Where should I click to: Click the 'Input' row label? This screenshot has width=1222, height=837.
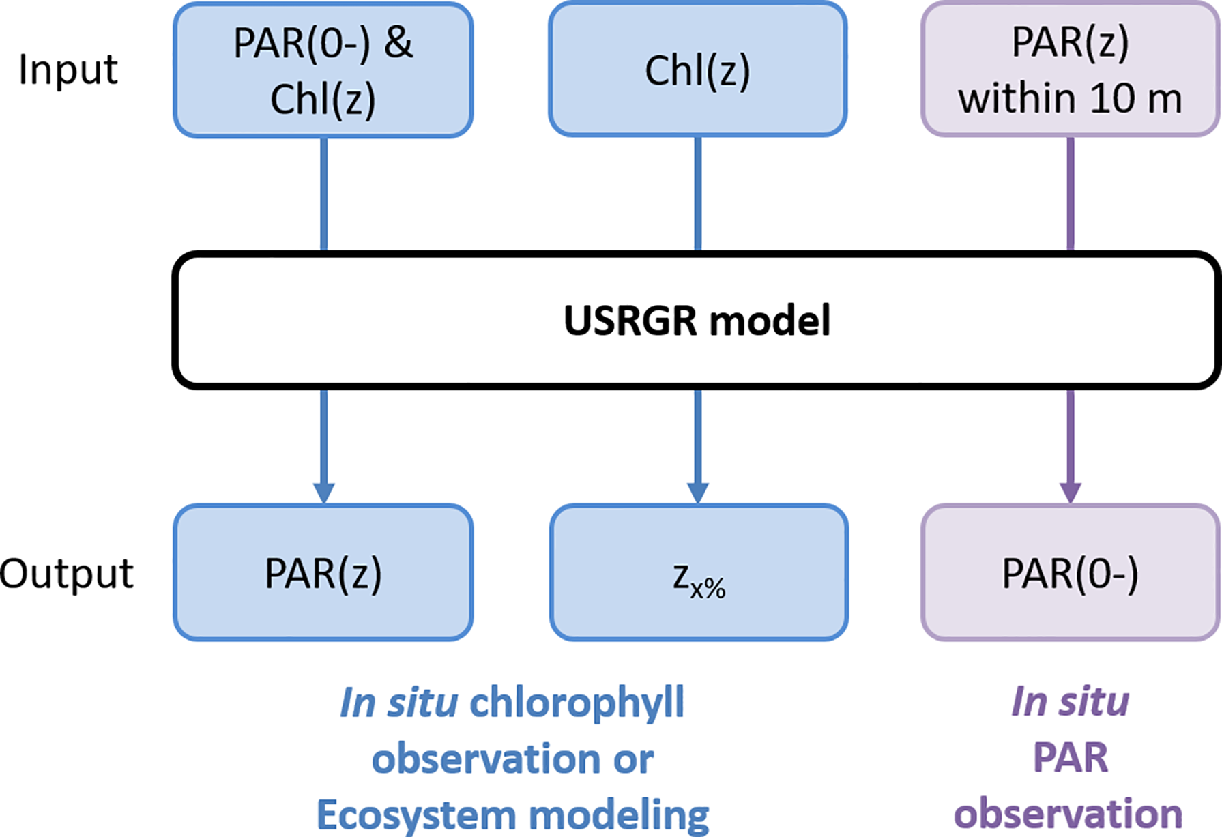tap(68, 70)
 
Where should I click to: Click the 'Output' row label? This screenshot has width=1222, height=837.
tap(67, 573)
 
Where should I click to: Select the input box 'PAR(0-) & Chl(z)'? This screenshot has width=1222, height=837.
tap(323, 70)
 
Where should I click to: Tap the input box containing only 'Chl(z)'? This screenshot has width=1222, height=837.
tap(697, 70)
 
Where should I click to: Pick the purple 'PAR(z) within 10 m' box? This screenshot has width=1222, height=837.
tap(1070, 70)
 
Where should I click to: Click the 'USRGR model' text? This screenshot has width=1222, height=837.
tap(697, 321)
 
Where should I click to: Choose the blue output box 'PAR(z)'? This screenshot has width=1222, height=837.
tap(323, 573)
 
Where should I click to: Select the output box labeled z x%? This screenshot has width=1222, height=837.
tap(699, 573)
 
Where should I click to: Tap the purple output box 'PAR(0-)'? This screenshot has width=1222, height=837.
tap(1070, 573)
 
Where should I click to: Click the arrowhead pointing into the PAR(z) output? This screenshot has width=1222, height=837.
tap(323, 492)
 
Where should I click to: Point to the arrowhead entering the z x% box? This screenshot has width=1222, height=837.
tap(697, 492)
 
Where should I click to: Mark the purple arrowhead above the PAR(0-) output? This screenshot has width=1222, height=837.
tap(1070, 492)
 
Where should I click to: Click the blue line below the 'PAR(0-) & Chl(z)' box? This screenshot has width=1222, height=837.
tap(323, 194)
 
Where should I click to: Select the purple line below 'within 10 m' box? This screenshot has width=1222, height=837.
tap(1070, 194)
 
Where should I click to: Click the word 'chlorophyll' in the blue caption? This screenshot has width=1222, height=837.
tap(577, 703)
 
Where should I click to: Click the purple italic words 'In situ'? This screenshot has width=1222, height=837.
tap(1070, 701)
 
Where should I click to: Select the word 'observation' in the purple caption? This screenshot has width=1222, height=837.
tap(1068, 813)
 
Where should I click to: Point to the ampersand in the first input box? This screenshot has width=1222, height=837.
tap(398, 43)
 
